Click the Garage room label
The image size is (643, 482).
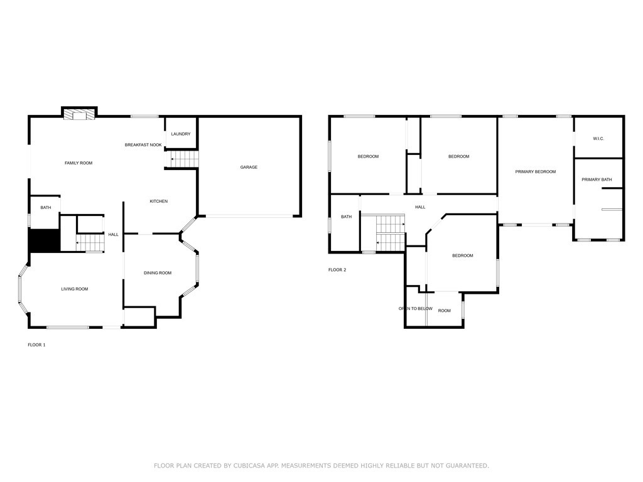[249, 167]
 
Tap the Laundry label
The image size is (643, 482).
[181, 134]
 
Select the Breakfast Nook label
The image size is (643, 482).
[143, 145]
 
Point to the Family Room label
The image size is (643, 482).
[78, 163]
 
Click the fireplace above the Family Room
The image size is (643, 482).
[79, 114]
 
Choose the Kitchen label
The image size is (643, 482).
[158, 201]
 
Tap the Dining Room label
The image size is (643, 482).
[158, 273]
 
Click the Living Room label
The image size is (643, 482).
[74, 289]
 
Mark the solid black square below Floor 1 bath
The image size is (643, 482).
[44, 240]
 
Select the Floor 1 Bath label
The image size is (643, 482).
[46, 208]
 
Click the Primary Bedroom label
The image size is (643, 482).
[536, 171]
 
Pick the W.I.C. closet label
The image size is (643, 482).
[598, 139]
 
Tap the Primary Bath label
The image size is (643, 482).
[597, 180]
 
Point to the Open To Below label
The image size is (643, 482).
[415, 309]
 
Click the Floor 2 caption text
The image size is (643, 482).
[337, 270]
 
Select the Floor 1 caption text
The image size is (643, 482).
[36, 345]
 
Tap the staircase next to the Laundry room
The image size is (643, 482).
[184, 159]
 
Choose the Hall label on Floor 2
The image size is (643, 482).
[420, 207]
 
